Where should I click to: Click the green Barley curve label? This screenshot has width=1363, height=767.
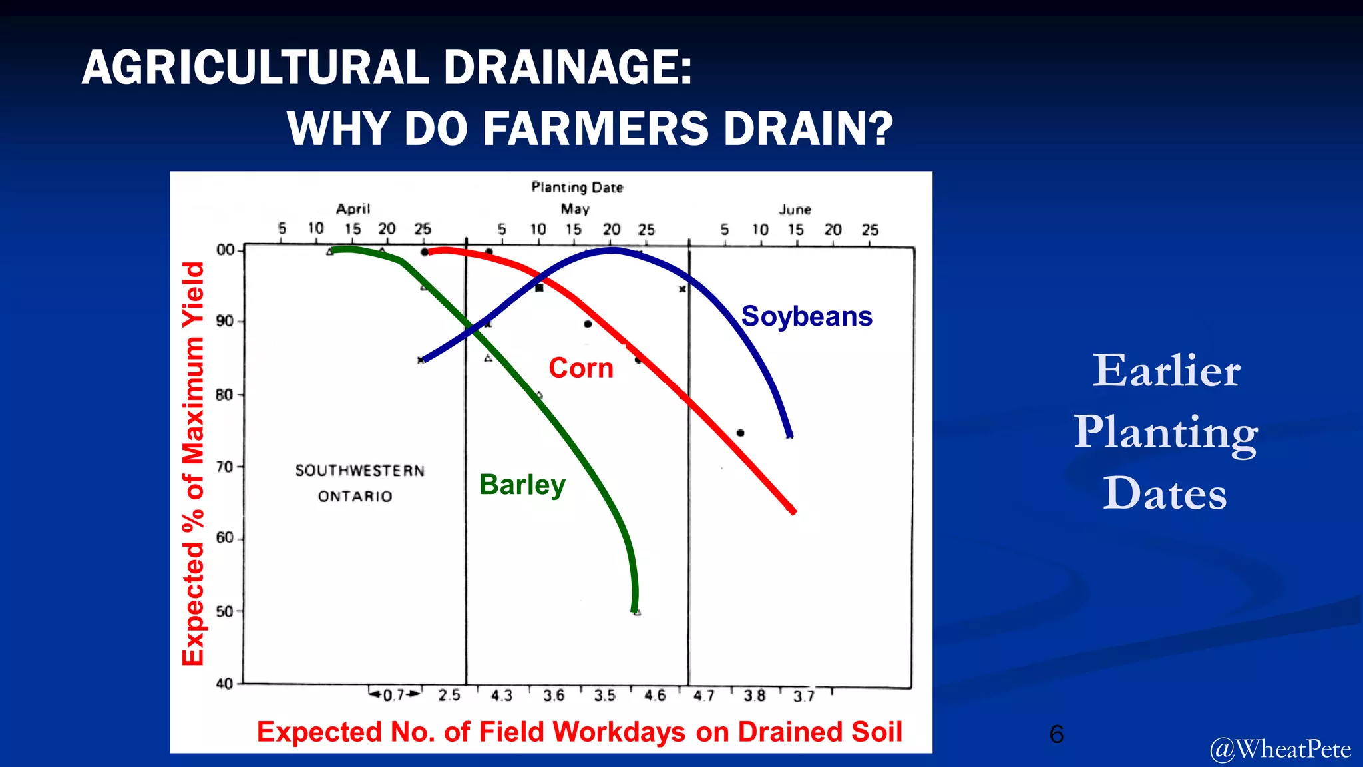(x=522, y=485)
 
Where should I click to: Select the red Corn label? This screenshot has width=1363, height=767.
(x=580, y=368)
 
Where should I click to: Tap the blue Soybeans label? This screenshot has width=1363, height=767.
(x=806, y=316)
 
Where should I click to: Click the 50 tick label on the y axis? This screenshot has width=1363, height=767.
(x=225, y=611)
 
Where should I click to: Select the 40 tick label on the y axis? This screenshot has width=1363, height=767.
(x=225, y=684)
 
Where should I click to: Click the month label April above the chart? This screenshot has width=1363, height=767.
(x=353, y=209)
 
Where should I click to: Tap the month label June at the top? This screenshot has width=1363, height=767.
(x=795, y=210)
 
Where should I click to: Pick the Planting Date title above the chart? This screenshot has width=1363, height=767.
(x=577, y=188)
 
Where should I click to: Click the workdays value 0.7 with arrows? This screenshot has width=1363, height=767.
(x=395, y=695)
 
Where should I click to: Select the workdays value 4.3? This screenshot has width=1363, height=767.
(x=501, y=696)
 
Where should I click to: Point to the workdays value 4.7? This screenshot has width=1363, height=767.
(x=703, y=696)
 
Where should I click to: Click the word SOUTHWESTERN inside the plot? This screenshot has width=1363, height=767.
(x=359, y=471)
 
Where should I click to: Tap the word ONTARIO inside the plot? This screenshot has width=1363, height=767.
(x=355, y=497)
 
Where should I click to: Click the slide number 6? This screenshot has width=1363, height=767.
(x=1056, y=734)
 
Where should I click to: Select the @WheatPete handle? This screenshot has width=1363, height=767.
(x=1280, y=750)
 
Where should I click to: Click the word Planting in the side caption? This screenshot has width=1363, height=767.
(x=1165, y=432)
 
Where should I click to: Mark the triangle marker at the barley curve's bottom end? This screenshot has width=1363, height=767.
(x=637, y=612)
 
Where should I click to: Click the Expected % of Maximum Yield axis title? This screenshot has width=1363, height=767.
(x=193, y=463)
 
